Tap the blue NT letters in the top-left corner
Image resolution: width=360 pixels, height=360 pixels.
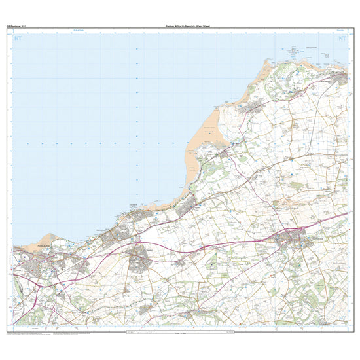tap(19, 39)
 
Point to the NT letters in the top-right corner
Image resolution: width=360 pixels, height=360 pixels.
tap(340, 39)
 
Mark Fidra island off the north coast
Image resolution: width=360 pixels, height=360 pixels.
tap(292, 50)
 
